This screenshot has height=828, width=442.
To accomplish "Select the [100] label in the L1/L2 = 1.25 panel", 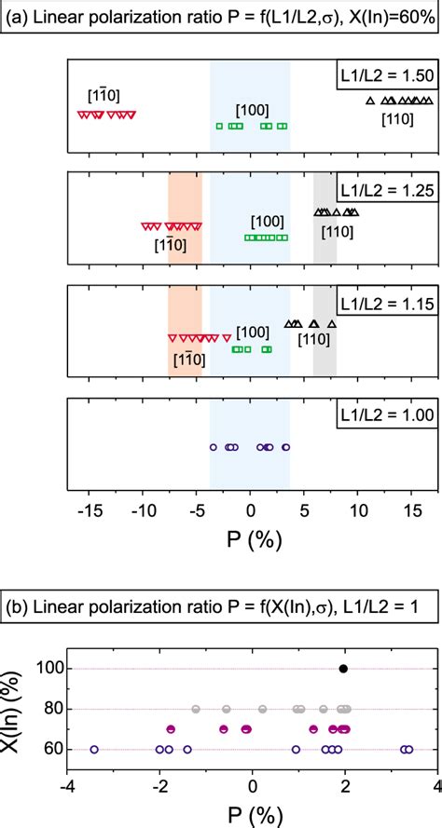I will (x=268, y=221).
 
